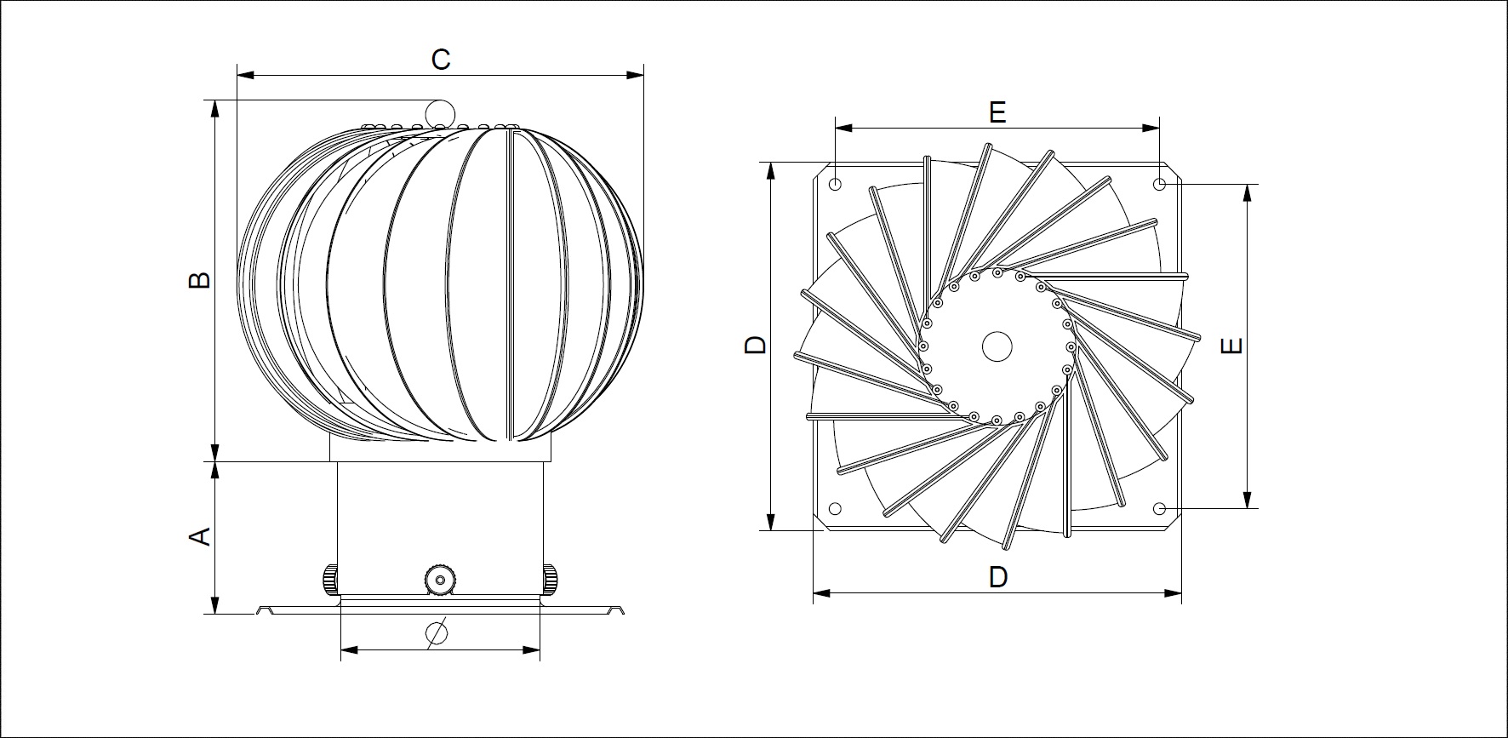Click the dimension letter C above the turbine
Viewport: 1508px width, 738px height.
pos(440,60)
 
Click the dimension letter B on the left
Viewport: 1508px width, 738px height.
pos(199,280)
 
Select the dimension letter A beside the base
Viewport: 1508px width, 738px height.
pos(199,535)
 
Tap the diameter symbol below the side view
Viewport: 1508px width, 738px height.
pos(436,633)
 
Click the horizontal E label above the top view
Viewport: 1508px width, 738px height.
pos(997,112)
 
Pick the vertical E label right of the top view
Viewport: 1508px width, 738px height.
pos(1231,346)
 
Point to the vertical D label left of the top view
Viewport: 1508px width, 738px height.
pos(756,345)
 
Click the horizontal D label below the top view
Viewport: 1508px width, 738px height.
pos(998,577)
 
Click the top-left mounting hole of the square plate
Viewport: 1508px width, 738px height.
pos(836,184)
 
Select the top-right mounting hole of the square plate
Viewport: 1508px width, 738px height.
pos(1159,184)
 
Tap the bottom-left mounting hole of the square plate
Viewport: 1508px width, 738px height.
pos(835,509)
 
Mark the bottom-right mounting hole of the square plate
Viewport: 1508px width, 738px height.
pos(1159,509)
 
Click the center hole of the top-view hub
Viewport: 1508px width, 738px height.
pos(997,346)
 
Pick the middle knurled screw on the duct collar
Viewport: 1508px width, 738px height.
pos(439,580)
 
